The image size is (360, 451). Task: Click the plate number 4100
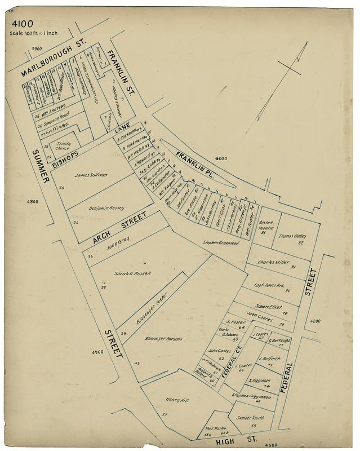coord(21,25)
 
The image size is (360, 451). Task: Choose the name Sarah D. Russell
coord(133,273)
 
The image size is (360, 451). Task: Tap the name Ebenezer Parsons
coord(163,338)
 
